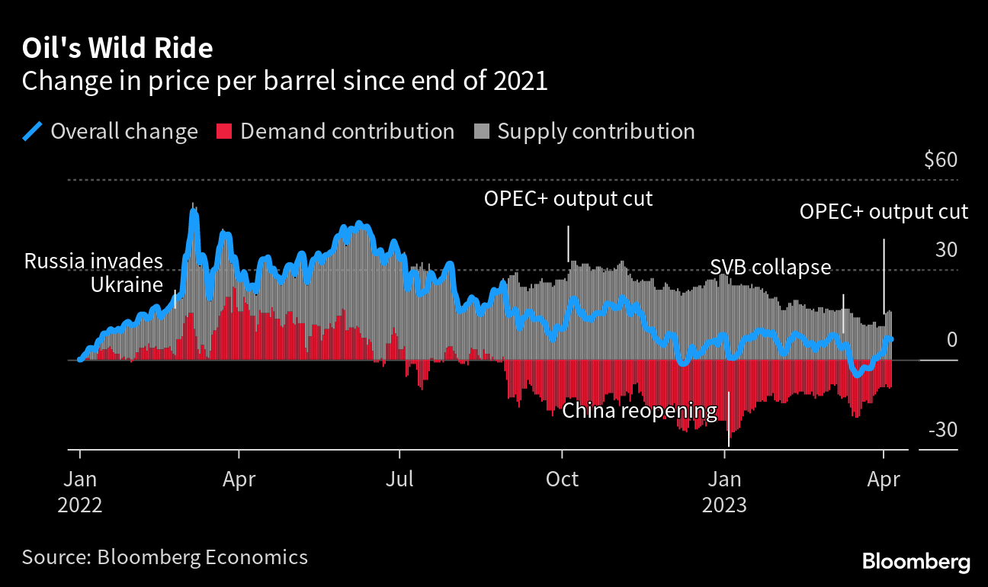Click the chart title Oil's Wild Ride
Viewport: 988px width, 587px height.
coord(117,49)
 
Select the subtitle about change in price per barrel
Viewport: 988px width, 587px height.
coord(284,81)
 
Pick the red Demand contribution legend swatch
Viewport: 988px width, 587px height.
coord(224,131)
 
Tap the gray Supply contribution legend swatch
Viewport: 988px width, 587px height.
coord(481,131)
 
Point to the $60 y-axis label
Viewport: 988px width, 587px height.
coord(940,161)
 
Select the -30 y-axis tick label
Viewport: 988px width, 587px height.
coord(942,431)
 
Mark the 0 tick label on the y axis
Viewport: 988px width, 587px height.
coord(951,340)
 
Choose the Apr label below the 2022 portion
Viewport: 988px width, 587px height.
coord(239,480)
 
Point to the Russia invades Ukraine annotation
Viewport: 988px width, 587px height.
coord(94,273)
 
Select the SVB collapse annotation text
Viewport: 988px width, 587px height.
coord(770,268)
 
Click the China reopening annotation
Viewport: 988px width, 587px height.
coord(640,412)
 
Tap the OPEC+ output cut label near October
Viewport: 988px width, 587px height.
coord(569,199)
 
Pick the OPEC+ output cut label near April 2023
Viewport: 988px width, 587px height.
coord(884,212)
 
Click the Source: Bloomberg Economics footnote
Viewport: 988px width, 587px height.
coord(165,557)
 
